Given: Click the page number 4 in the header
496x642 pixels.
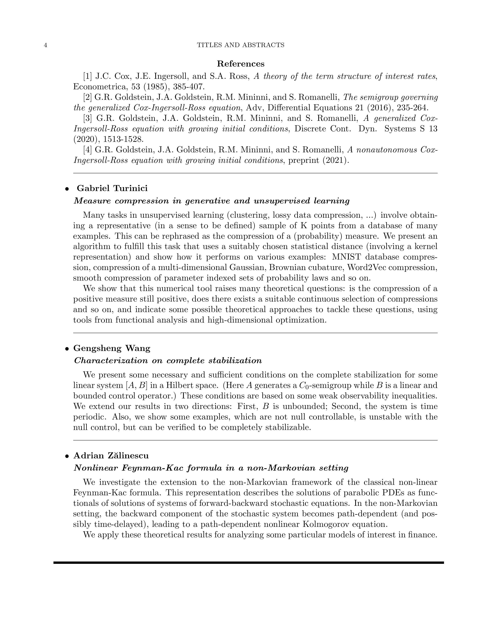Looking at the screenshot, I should coord(46,45).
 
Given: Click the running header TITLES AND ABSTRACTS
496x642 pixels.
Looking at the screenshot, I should coord(240,45).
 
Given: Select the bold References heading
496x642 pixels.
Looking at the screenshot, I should coord(241,64).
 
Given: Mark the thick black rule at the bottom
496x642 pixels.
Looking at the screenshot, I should coord(248,563).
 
